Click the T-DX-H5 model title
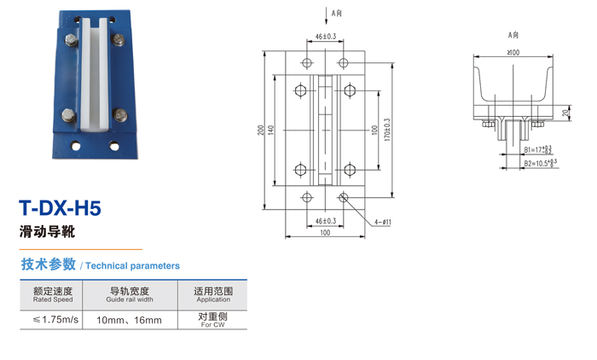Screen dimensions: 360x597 (x=60, y=208)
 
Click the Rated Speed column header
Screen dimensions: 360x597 (x=53, y=295)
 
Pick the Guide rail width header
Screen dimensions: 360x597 (x=130, y=295)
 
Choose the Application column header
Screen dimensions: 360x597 (x=213, y=295)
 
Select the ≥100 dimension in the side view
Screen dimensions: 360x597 (x=513, y=54)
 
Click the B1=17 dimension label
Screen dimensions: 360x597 (x=536, y=149)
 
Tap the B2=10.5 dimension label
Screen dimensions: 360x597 (x=540, y=161)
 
